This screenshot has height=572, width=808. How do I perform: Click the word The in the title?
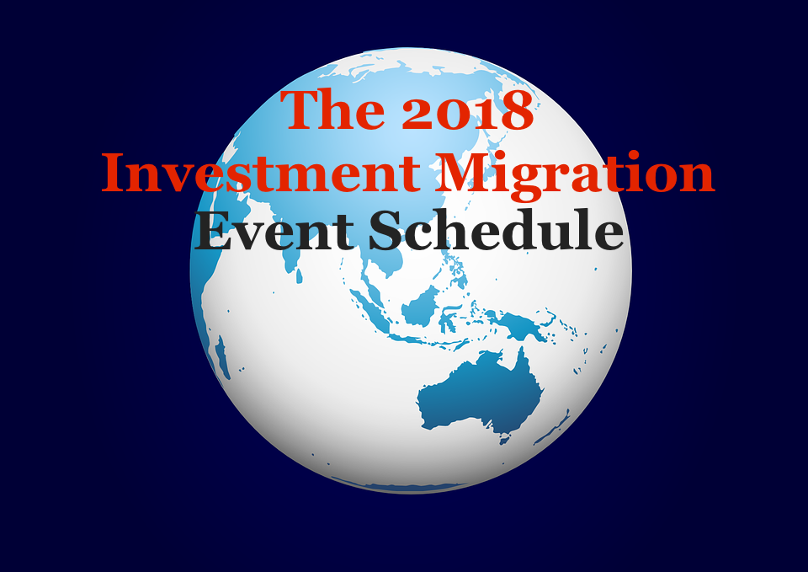333,109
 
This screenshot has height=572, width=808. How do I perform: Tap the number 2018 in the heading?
467,110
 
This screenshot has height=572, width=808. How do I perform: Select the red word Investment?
261,172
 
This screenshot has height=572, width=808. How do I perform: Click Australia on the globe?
480,392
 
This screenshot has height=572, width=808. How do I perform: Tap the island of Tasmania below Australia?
504,439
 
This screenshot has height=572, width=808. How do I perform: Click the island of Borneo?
420,307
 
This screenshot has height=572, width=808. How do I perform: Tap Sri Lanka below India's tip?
298,276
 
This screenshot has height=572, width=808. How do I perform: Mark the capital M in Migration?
462,172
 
